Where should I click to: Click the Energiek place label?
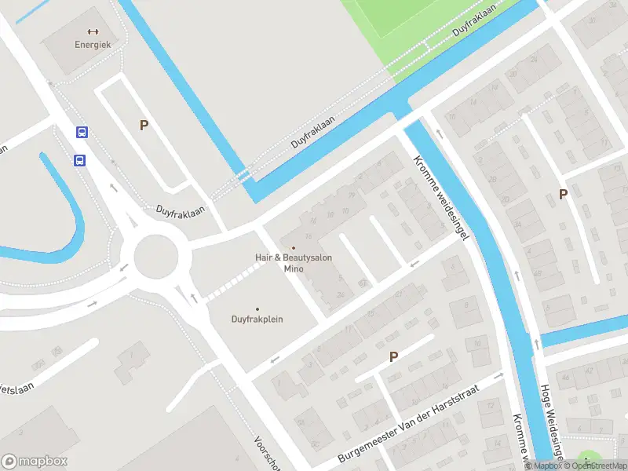click(x=93, y=45)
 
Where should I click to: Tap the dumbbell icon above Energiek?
click(x=93, y=31)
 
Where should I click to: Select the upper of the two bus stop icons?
click(x=82, y=133)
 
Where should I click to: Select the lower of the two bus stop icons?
click(x=79, y=160)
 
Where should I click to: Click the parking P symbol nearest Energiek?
click(x=144, y=125)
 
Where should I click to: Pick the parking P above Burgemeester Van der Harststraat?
click(x=394, y=356)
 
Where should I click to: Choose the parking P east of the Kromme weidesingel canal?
click(x=563, y=194)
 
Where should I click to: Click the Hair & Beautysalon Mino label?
click(x=294, y=262)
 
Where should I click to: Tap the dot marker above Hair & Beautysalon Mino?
click(x=294, y=248)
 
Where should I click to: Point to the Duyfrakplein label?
click(x=257, y=319)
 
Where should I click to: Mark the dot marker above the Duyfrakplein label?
click(x=257, y=309)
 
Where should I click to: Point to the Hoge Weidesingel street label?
click(x=552, y=420)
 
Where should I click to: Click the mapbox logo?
click(x=35, y=462)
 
